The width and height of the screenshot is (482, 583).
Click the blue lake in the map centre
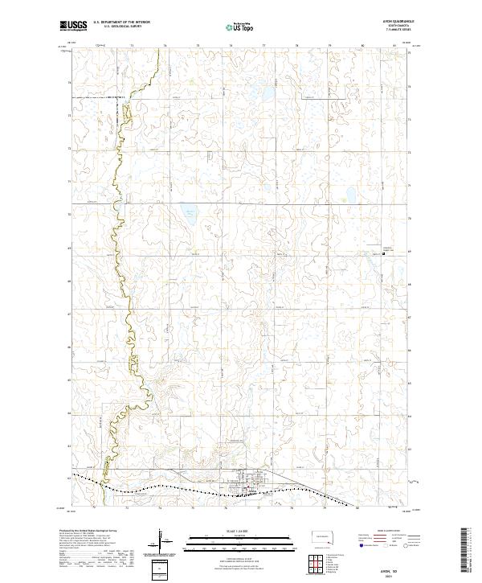(190, 215)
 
